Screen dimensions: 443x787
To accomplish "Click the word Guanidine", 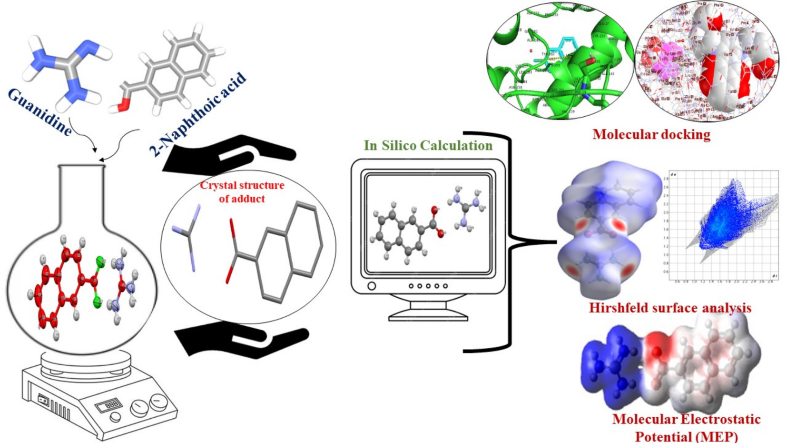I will pos(40,112).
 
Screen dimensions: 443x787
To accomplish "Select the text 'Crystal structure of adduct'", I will pos(242,191).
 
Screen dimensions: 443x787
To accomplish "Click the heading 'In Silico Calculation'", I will pos(428,145).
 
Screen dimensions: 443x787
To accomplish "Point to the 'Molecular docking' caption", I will pos(651,134).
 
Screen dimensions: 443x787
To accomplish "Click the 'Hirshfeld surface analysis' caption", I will pos(670,308).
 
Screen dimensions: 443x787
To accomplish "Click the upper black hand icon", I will pos(228,153).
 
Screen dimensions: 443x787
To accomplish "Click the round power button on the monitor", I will pos(372,286).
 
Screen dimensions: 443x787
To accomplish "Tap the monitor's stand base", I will pos(428,315).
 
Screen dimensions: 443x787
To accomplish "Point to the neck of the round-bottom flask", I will pos(81,191).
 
